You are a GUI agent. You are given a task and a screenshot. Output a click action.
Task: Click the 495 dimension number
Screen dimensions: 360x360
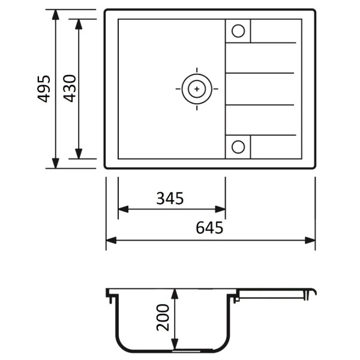44,89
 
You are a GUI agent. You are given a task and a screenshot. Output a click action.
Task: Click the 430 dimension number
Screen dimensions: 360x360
70,88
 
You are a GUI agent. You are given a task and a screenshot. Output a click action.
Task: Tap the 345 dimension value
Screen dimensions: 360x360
170,199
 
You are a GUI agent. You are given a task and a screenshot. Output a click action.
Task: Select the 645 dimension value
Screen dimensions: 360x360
209,227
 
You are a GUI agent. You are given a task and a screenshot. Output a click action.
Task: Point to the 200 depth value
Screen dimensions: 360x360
163,317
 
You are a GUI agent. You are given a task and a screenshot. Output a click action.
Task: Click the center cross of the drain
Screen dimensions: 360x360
197,89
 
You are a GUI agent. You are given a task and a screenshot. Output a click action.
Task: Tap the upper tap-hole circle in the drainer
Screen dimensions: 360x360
238,31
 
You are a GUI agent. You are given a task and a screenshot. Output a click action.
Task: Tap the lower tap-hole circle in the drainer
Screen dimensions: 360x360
238,147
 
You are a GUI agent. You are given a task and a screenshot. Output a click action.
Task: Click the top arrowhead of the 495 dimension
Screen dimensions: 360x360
56,14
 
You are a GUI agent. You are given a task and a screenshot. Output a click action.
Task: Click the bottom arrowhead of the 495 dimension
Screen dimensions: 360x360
56,163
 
